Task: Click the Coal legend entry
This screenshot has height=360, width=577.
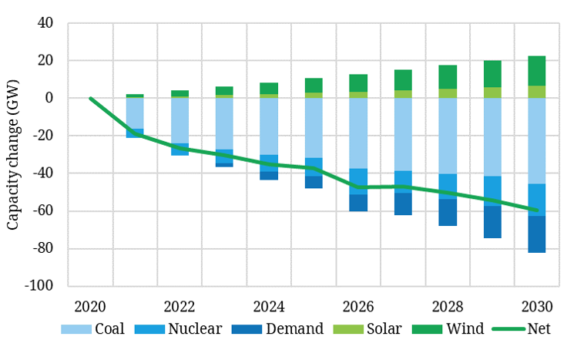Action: pyautogui.click(x=96, y=329)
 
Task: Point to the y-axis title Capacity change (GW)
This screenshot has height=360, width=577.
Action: pyautogui.click(x=13, y=155)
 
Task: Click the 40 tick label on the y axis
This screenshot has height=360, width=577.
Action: pyautogui.click(x=42, y=23)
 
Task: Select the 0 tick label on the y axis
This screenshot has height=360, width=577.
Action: pyautogui.click(x=48, y=98)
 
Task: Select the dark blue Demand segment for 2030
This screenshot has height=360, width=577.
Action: pyautogui.click(x=537, y=234)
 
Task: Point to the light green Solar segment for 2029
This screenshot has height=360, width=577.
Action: pyautogui.click(x=492, y=93)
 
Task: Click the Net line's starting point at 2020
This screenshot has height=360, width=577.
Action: pyautogui.click(x=91, y=98)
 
